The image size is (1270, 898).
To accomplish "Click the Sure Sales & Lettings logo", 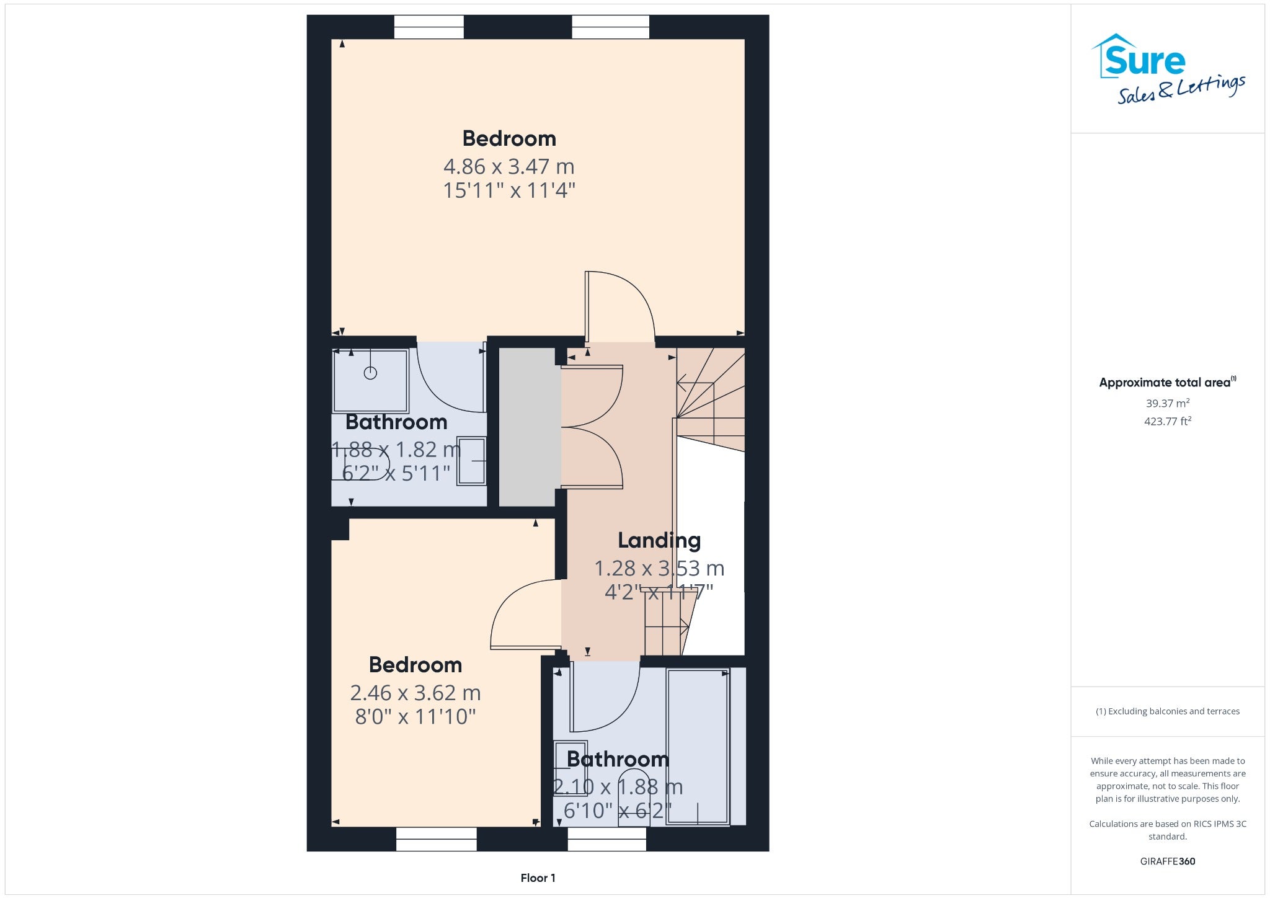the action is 1168,69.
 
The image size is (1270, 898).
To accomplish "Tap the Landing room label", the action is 659,540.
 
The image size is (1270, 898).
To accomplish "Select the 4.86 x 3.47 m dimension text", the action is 508,166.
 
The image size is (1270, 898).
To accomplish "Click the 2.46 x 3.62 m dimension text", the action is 415,692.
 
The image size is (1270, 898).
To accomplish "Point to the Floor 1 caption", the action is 538,878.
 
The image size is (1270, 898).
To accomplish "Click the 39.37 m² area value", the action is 1168,403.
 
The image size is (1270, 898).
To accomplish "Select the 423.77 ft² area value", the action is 1168,421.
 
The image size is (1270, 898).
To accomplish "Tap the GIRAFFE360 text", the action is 1168,861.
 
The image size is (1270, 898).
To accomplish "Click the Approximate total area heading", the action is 1167,382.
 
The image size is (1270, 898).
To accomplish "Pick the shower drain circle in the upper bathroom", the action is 370,373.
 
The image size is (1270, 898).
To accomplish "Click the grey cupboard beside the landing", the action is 527,427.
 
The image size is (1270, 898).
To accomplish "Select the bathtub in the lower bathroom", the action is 698,746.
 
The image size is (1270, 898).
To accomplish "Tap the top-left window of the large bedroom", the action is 429,27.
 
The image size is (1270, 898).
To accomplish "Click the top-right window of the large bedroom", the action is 610,27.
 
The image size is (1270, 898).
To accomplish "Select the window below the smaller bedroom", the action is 437,839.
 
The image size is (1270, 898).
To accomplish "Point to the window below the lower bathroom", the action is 607,839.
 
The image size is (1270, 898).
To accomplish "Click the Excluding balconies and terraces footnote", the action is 1168,711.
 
